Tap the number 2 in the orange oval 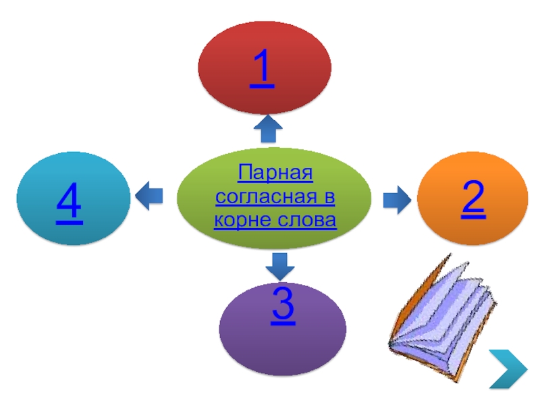(x=473, y=199)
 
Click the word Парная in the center (x=275, y=177)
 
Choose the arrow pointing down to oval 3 (x=278, y=266)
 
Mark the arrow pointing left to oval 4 (x=149, y=196)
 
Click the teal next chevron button (x=508, y=369)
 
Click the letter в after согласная (x=330, y=199)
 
